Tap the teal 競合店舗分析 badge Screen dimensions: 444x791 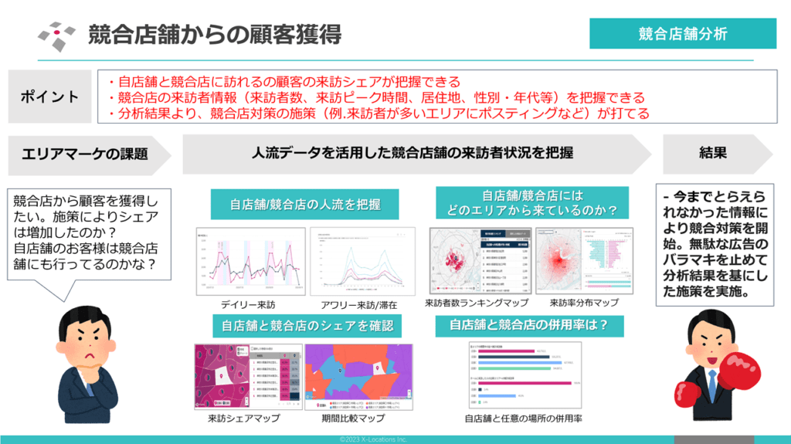point(683,34)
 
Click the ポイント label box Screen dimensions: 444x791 point(49,97)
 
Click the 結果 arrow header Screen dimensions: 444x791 point(712,153)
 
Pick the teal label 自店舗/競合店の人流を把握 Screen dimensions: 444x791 point(298,205)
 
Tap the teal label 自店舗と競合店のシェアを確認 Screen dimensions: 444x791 point(307,325)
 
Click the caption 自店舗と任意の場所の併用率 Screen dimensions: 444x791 point(523,419)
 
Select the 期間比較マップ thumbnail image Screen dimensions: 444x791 point(359,376)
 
